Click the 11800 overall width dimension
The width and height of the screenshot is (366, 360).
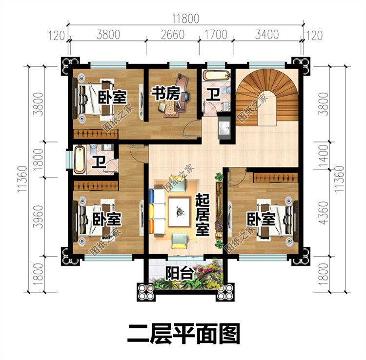pos(185,19)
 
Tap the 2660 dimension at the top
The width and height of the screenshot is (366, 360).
pos(172,35)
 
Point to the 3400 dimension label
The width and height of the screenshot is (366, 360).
pos(266,35)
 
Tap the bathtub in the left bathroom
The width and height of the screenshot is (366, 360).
pos(80,159)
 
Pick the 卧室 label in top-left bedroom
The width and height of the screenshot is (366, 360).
pos(111,96)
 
